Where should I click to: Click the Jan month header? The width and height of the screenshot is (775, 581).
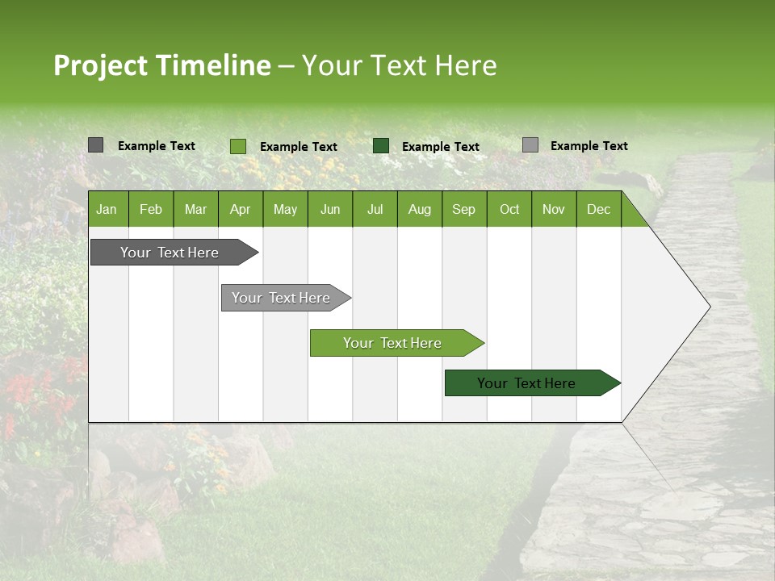107,209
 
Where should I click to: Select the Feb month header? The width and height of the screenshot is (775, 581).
151,209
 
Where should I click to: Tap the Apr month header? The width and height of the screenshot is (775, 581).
240,209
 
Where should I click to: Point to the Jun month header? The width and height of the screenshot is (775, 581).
330,209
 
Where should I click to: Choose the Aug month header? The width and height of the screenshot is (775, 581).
420,209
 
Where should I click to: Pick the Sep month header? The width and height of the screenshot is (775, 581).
463,209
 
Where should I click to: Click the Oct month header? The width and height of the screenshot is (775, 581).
509,209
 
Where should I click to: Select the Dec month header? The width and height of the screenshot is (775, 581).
598,209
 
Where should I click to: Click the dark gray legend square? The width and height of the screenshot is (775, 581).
95,145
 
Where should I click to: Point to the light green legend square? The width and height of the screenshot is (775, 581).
237,146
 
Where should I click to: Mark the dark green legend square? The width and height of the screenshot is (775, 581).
381,146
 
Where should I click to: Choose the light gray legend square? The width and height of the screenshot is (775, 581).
530,145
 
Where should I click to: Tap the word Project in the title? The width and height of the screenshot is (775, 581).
100,65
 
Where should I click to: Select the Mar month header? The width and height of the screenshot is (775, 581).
195,209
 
